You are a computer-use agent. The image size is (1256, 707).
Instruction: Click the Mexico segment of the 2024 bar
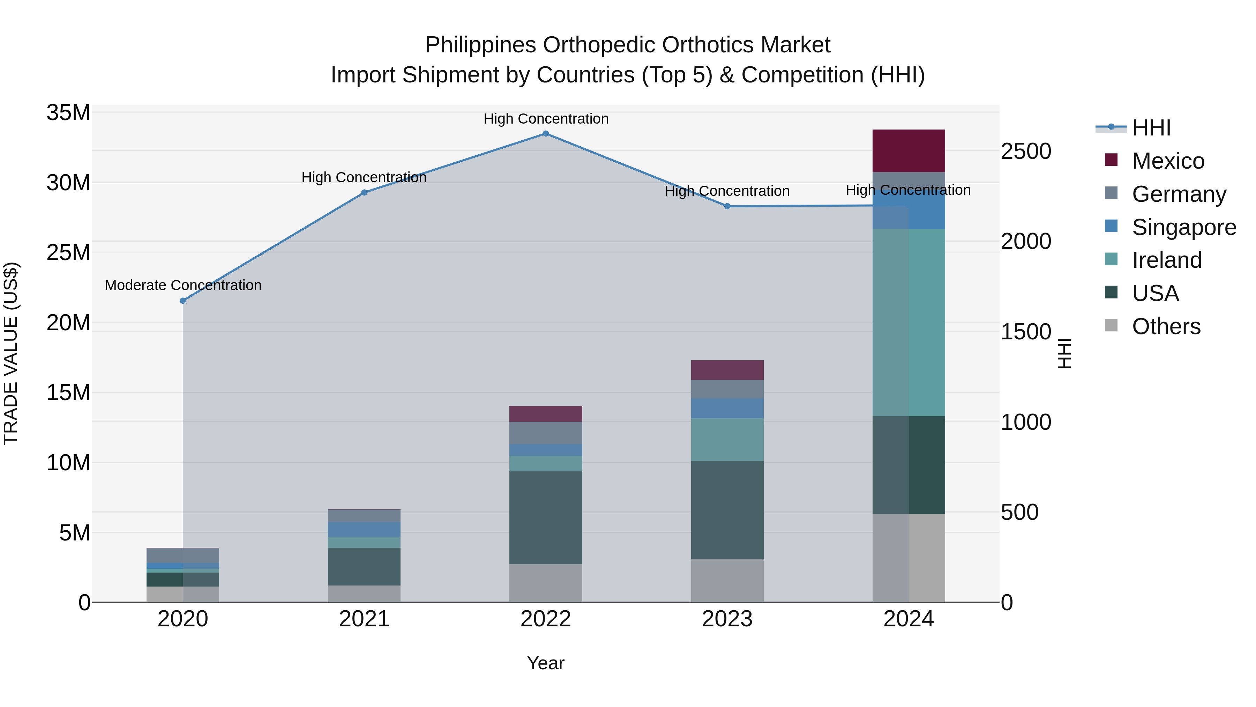click(x=909, y=151)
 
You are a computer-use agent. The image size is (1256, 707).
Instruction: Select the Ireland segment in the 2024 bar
click(x=909, y=322)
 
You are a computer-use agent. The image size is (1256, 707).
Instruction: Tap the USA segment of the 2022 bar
click(x=546, y=517)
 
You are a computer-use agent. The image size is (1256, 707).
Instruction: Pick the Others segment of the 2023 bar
click(x=727, y=580)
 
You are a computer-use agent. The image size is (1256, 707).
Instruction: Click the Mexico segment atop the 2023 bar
click(x=727, y=370)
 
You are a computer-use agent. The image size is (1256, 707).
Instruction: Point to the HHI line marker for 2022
click(x=546, y=134)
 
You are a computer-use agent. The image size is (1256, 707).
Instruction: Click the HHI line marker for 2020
click(x=183, y=301)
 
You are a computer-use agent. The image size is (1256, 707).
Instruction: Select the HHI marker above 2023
click(x=727, y=206)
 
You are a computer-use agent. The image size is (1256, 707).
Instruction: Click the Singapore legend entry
click(x=1184, y=227)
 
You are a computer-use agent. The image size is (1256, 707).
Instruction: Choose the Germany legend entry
click(x=1179, y=194)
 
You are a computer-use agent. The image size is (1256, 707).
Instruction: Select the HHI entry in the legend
click(x=1151, y=128)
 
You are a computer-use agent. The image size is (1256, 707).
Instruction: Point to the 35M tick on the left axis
click(x=68, y=113)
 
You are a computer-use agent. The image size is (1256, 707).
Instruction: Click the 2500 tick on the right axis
click(x=1026, y=151)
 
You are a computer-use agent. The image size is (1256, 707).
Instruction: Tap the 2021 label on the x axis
click(x=364, y=619)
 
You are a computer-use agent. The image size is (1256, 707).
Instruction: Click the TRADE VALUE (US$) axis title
click(x=11, y=353)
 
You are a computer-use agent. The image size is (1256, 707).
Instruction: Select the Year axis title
click(x=546, y=663)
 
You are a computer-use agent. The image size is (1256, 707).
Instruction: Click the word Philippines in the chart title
click(x=481, y=45)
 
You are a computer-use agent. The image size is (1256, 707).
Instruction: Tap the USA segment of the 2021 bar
click(x=364, y=566)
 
